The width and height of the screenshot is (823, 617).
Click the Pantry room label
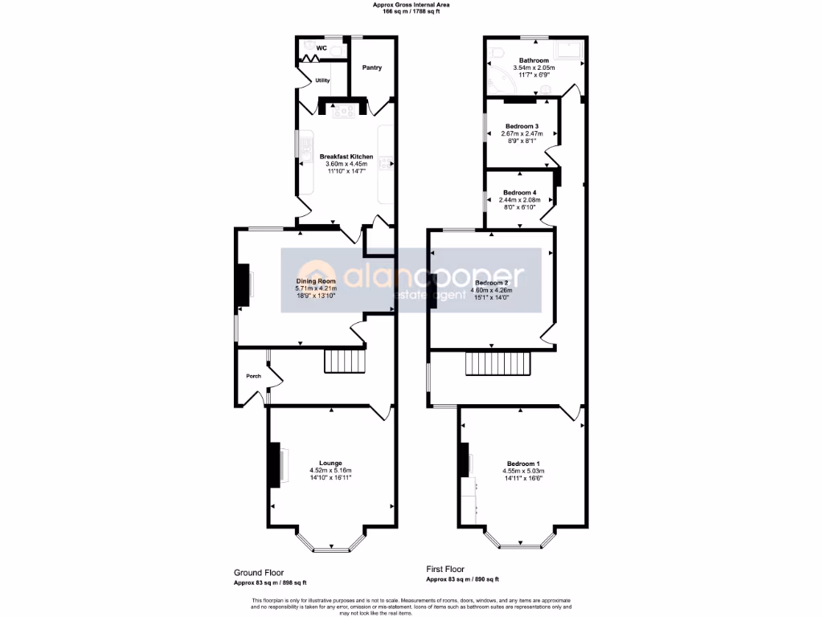click(371, 67)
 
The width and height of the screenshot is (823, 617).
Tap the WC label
click(321, 48)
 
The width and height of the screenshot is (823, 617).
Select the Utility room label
click(322, 80)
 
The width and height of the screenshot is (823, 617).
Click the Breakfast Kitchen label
click(346, 156)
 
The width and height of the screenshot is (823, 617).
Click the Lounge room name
click(330, 463)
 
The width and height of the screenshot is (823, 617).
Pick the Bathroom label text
click(534, 60)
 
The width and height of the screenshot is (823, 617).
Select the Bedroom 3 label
click(522, 126)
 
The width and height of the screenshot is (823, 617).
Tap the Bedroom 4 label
click(519, 192)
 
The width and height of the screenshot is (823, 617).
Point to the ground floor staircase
click(344, 362)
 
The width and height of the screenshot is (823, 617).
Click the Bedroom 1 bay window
click(522, 545)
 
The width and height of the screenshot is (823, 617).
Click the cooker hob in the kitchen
click(346, 111)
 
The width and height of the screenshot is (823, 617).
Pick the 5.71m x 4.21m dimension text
click(315, 288)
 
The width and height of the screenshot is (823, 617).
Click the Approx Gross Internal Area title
click(411, 5)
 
